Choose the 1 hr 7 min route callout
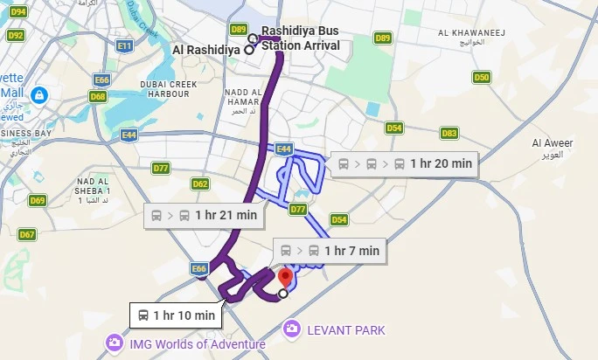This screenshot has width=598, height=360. [x=329, y=251]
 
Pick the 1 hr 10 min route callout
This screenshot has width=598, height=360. [x=176, y=315]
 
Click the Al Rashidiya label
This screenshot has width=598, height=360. [x=206, y=50]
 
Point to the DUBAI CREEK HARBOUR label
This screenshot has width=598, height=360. [x=164, y=89]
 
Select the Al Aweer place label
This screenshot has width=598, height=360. [x=551, y=148]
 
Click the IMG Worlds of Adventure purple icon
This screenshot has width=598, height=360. [x=113, y=344]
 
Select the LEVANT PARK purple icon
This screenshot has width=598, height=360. [x=291, y=329]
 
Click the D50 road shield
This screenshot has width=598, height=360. [x=481, y=77]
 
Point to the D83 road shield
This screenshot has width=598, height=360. [x=449, y=133]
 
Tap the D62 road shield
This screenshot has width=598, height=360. [x=200, y=183]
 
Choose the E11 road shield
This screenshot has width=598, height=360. [x=124, y=45]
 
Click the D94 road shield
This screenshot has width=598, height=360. [x=17, y=11]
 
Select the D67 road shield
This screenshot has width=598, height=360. [x=27, y=234]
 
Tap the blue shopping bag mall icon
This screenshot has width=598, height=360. [x=38, y=93]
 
